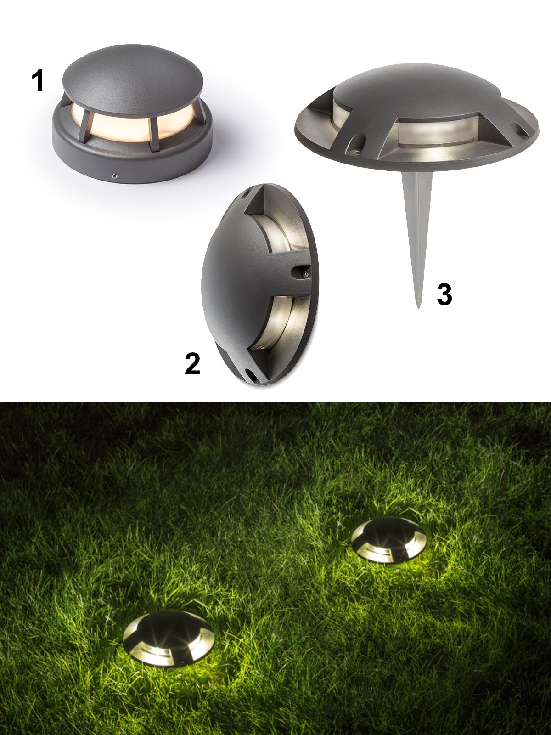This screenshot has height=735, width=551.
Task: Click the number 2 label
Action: tap(192, 364)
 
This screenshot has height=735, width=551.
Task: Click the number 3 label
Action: tap(444, 294)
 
